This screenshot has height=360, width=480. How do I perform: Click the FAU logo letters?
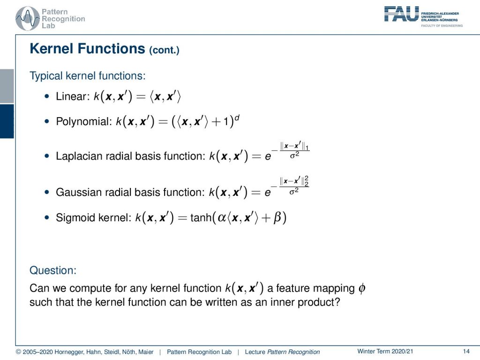(x=401, y=14)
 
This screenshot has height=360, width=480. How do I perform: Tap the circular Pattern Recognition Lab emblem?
(x=28, y=18)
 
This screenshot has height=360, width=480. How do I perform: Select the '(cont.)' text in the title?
(x=164, y=50)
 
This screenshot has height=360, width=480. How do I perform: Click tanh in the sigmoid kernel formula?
(x=201, y=217)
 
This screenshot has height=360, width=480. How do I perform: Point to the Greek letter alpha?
(x=222, y=217)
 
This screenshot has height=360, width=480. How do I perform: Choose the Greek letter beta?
(x=277, y=217)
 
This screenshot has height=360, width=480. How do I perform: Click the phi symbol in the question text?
(x=361, y=288)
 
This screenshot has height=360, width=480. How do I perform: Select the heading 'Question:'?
(x=53, y=270)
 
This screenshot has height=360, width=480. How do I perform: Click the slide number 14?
(x=466, y=352)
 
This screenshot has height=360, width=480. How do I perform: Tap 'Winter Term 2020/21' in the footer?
(x=385, y=352)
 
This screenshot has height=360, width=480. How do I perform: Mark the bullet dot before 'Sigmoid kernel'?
(x=47, y=217)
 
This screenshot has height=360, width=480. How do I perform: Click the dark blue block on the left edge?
(x=7, y=121)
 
